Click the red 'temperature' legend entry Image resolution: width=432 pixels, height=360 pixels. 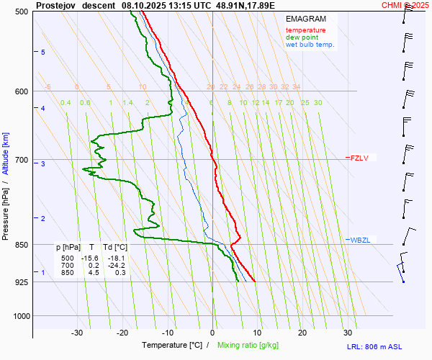coord(305,30)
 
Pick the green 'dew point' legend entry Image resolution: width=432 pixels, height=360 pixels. coord(302,37)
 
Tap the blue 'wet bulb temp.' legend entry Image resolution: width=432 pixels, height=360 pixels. coord(310,45)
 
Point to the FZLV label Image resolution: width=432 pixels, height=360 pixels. coord(359,158)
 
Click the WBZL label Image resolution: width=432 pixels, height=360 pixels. coord(360,240)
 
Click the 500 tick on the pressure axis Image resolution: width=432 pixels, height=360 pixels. coord(22,12)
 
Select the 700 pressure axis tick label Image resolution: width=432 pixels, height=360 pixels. coord(22,160)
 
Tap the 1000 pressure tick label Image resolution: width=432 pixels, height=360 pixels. coord(19,316)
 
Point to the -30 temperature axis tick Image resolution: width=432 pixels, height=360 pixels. coord(77,333)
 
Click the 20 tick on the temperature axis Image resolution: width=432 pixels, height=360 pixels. coord(302,333)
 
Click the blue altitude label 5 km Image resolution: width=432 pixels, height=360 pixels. coord(43,53)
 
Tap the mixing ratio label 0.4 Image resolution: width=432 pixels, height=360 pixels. coord(66,103)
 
